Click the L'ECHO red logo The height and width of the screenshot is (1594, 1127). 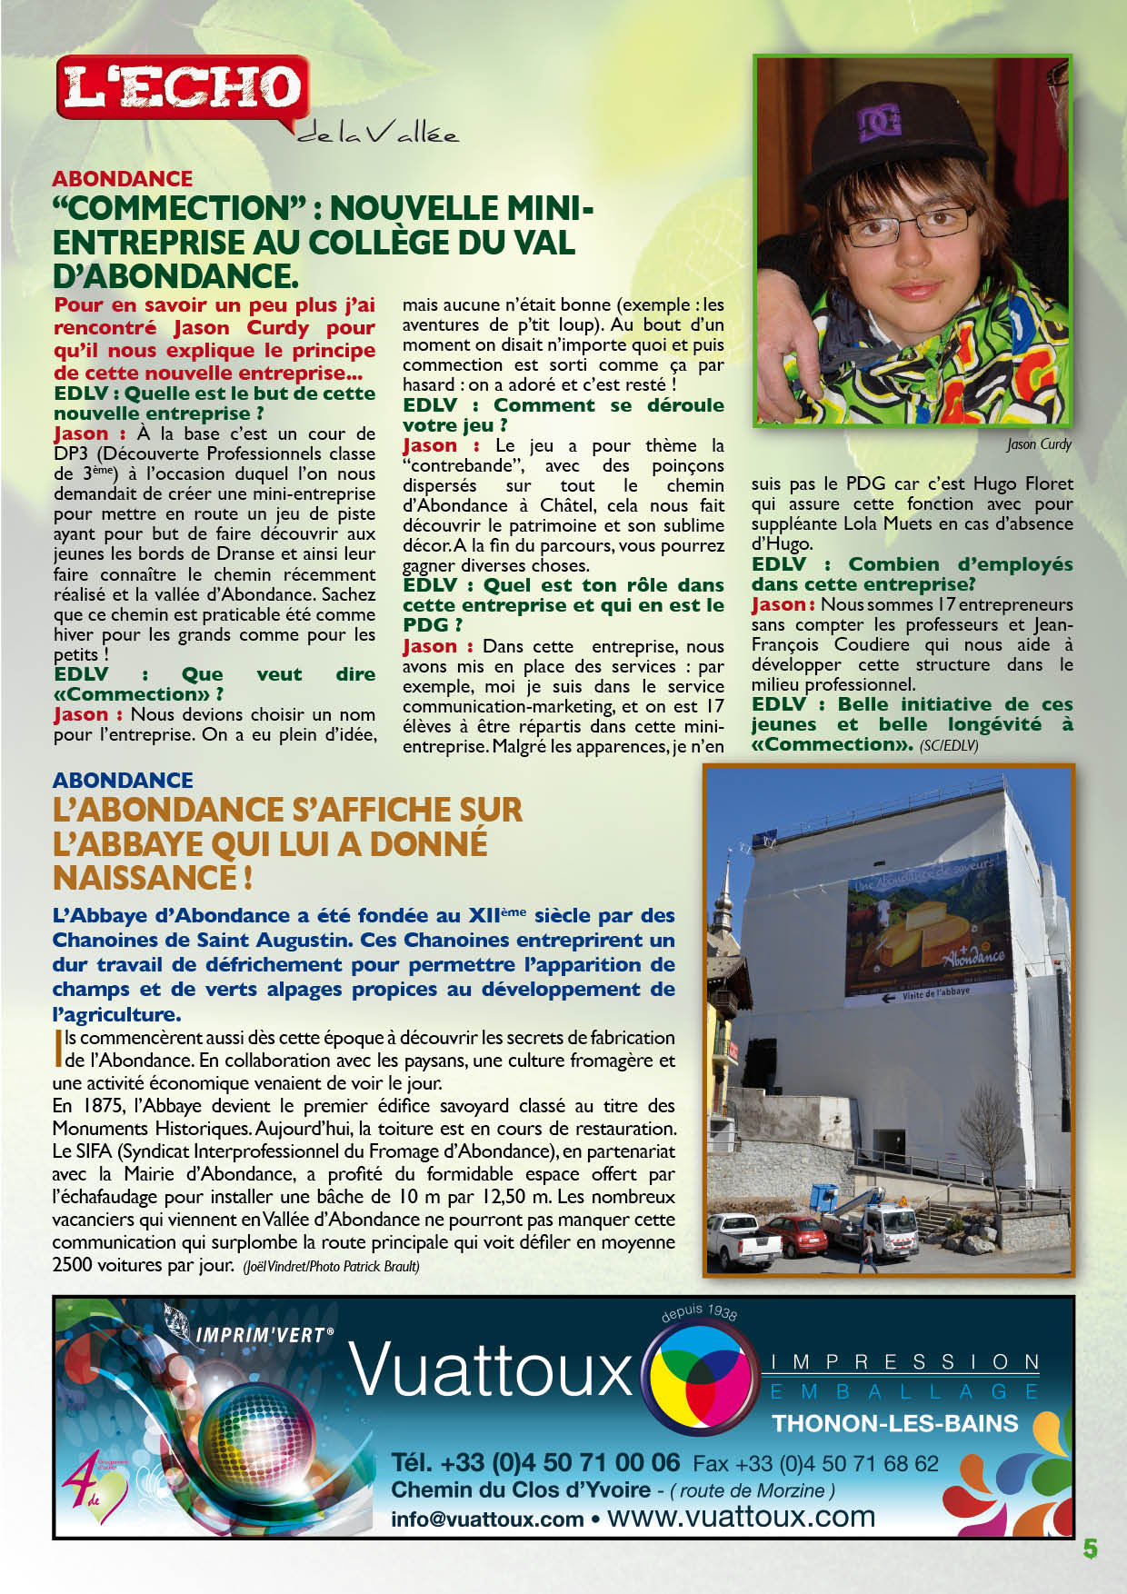tap(182, 87)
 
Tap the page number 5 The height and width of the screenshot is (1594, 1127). tap(1090, 1549)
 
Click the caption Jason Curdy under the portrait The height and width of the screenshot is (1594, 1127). tap(1039, 444)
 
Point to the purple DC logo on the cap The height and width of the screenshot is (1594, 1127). tap(880, 121)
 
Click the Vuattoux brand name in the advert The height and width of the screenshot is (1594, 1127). tap(491, 1370)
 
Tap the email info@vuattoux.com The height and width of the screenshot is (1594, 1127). tap(487, 1519)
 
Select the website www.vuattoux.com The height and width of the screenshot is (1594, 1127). tap(741, 1518)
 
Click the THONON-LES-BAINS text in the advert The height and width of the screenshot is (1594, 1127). tap(894, 1423)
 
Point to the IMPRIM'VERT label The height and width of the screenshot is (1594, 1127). tap(264, 1335)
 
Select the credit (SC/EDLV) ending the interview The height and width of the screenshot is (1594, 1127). tap(949, 746)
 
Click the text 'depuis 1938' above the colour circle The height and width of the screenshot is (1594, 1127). tap(699, 1312)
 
